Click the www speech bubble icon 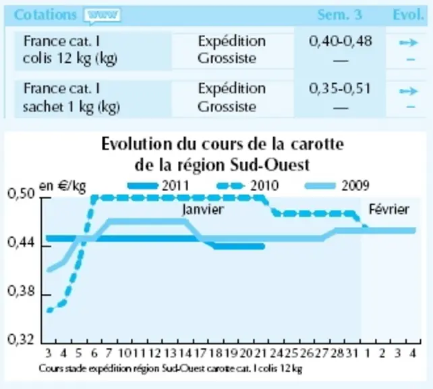[x=102, y=16]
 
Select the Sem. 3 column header [x=340, y=15]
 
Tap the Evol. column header [x=408, y=15]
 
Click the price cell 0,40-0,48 [x=341, y=41]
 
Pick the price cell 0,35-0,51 [x=340, y=88]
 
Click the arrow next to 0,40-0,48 [x=409, y=43]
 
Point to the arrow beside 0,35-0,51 [x=409, y=91]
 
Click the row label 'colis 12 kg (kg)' [x=70, y=59]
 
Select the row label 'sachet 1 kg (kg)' [x=71, y=107]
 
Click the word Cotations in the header [x=45, y=15]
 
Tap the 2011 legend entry [x=158, y=186]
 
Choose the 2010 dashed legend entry [x=247, y=186]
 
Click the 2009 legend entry [x=337, y=186]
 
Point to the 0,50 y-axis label [x=22, y=194]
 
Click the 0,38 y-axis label [x=22, y=291]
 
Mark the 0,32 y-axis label [x=22, y=340]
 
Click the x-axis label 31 [x=352, y=353]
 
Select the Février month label [x=388, y=209]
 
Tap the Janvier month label [x=203, y=209]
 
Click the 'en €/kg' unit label [x=63, y=186]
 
